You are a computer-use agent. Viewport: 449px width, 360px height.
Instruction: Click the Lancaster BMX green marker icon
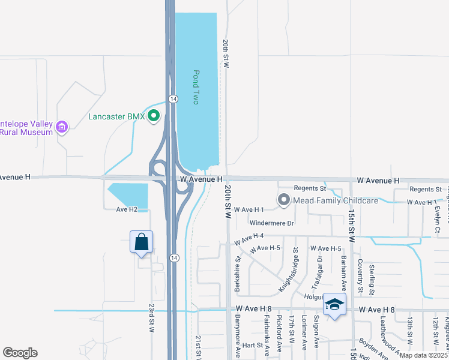(154, 116)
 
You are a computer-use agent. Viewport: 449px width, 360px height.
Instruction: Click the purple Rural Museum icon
(61, 127)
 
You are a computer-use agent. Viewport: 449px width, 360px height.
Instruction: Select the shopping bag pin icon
(142, 242)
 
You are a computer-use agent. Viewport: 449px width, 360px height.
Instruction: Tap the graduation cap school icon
(334, 304)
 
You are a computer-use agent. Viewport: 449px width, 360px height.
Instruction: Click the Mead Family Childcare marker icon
(284, 200)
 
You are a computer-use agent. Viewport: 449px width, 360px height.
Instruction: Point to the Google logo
(20, 353)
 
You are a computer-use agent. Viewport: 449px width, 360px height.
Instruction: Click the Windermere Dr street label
(271, 223)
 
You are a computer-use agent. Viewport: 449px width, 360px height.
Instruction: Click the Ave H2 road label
(127, 209)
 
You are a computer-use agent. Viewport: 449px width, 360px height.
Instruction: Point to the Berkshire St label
(238, 274)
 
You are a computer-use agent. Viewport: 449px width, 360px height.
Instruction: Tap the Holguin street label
(314, 296)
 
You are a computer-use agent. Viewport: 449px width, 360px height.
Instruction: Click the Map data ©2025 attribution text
(424, 355)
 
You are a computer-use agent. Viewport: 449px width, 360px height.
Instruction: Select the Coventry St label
(361, 275)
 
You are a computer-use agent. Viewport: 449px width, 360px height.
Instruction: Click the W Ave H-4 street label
(249, 238)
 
